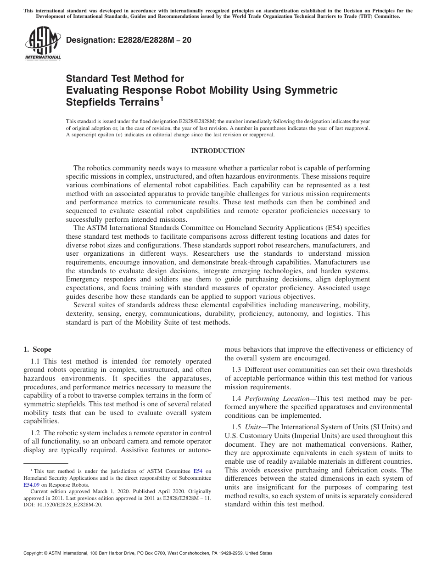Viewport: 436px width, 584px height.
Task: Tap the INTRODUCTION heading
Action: [x=218, y=151]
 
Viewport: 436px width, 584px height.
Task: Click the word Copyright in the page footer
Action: [x=35, y=553]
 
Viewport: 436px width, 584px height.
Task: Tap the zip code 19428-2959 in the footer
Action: [x=237, y=553]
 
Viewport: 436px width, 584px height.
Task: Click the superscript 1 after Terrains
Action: [x=162, y=98]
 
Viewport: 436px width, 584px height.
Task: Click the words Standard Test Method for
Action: [x=125, y=79]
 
